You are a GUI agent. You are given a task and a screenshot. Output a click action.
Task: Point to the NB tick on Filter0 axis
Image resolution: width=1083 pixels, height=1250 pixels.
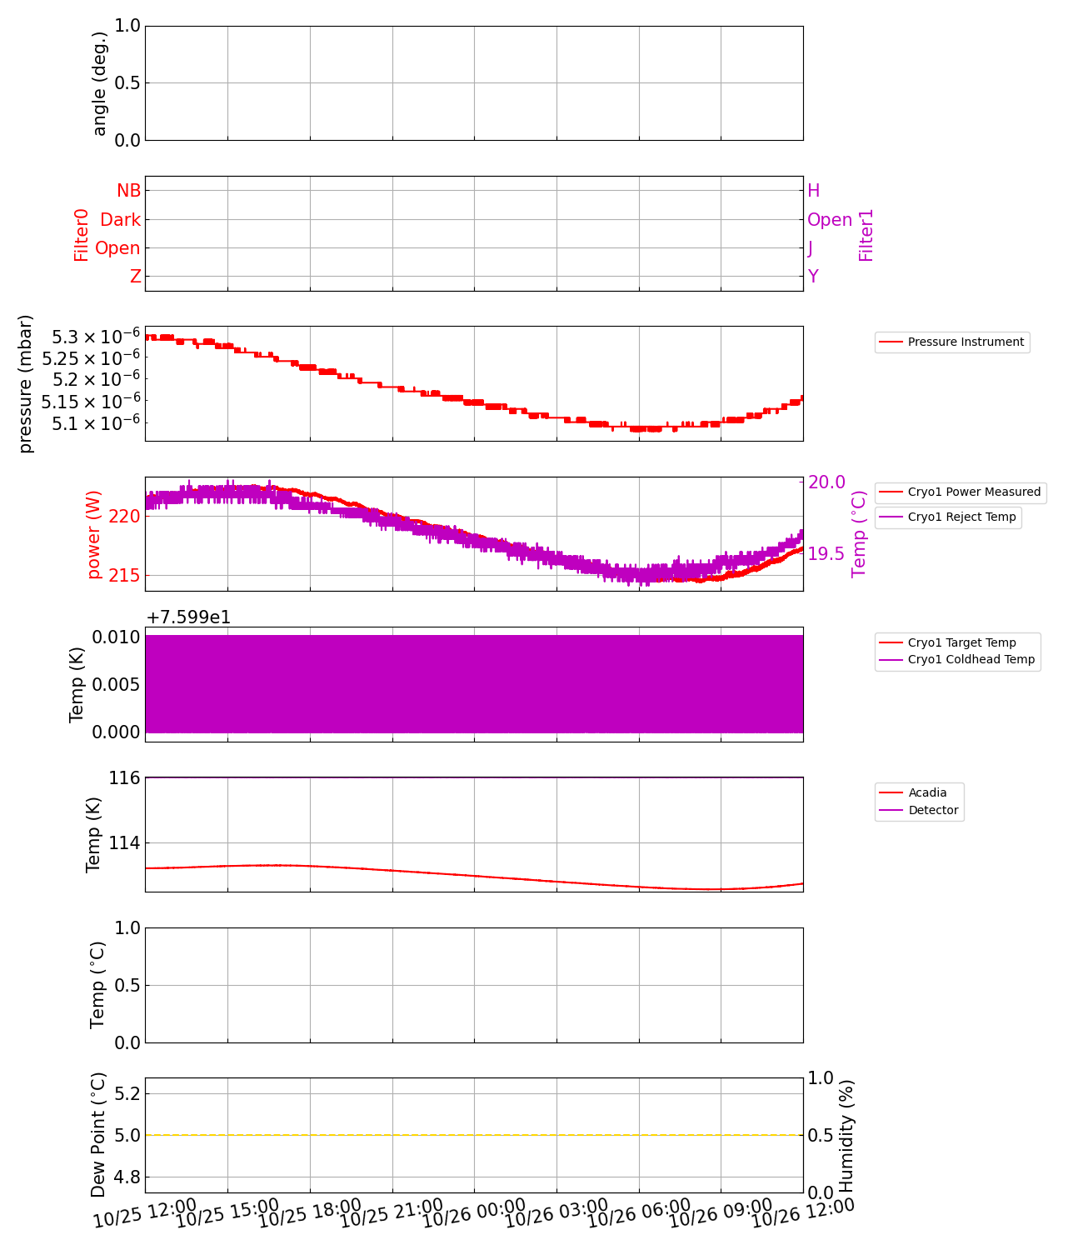click(128, 191)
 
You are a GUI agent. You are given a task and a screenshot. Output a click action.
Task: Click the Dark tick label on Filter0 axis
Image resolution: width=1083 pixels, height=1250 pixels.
click(120, 220)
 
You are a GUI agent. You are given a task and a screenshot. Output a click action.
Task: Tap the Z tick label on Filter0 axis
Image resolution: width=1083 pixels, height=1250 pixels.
click(135, 277)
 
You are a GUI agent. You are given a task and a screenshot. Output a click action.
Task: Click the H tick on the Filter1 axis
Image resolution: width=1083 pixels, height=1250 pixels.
click(814, 191)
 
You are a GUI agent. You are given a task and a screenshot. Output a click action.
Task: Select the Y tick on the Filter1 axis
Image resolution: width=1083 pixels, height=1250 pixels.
click(813, 277)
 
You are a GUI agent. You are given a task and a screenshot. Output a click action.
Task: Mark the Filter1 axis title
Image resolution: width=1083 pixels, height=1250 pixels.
click(866, 235)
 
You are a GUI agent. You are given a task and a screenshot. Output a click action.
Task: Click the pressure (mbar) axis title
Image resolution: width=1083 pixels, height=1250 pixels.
click(26, 384)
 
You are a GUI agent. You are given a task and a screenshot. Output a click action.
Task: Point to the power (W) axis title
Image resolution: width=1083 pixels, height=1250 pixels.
click(93, 534)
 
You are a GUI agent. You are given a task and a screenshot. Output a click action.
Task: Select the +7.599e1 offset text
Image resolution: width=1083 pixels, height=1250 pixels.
click(188, 617)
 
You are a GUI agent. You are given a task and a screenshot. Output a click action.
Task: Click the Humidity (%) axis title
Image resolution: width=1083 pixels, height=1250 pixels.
click(846, 1135)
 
